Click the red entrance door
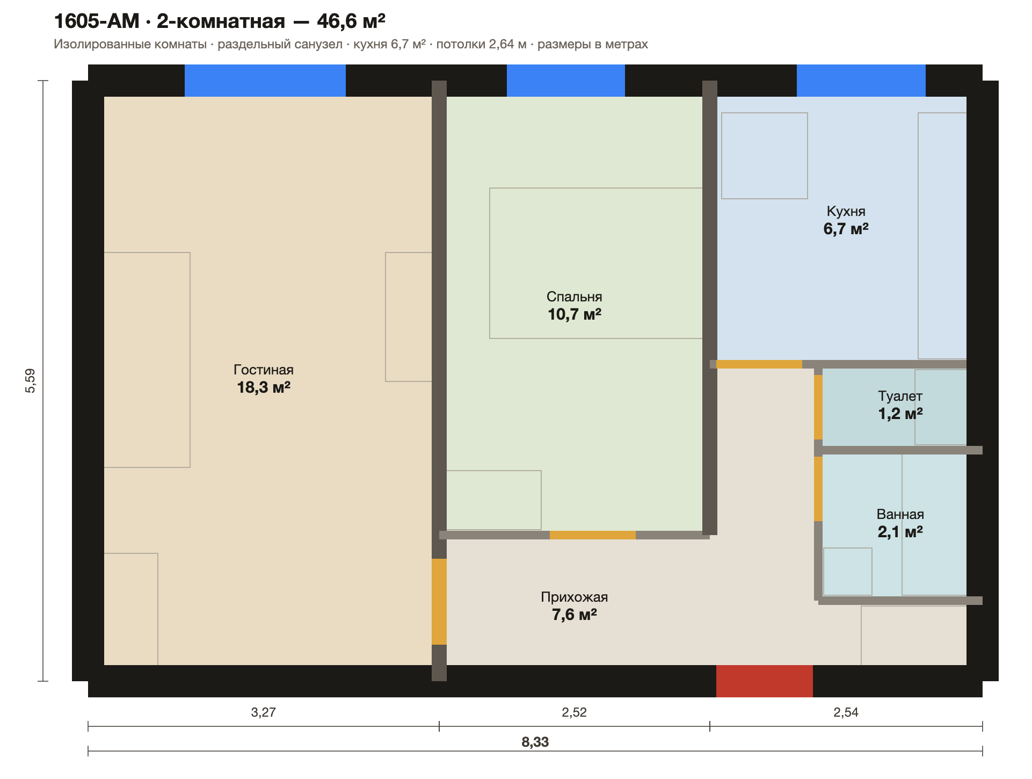[764, 681]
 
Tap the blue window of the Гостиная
[265, 81]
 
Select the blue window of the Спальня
[566, 81]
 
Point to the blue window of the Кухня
[861, 81]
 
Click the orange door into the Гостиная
[439, 602]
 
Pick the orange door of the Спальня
[593, 535]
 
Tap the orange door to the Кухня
[759, 364]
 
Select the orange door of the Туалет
[818, 407]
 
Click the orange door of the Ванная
[818, 489]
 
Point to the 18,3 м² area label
[264, 387]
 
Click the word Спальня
[574, 297]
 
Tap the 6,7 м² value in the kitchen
[846, 229]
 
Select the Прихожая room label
[574, 597]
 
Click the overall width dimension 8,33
[535, 742]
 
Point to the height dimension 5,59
[31, 380]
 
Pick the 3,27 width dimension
[263, 712]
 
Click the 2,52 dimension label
[574, 712]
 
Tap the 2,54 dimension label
[846, 712]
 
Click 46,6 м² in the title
[351, 21]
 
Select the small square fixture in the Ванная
[848, 572]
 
